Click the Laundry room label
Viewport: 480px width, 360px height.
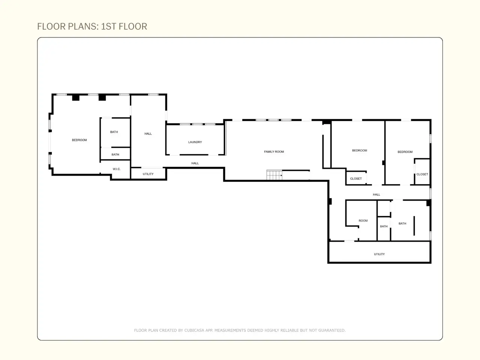195,142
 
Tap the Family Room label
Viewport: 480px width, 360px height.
274,152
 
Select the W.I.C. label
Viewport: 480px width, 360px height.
117,169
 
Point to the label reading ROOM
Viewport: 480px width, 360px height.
363,220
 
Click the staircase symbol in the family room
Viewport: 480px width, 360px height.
274,175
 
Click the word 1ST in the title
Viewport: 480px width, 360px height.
108,27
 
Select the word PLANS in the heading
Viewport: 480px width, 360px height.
82,27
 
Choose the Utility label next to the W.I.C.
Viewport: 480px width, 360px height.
148,174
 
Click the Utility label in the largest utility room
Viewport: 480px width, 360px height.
379,254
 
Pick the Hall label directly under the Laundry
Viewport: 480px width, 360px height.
195,163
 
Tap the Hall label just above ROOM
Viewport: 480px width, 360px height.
376,195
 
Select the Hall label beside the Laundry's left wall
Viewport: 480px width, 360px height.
148,134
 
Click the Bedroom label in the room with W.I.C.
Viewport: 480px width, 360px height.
79,140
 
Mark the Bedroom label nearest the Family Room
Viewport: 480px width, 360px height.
360,151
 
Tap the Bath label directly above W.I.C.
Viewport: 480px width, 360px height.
115,154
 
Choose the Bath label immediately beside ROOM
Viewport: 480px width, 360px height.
384,226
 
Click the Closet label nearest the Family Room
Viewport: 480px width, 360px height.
356,178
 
